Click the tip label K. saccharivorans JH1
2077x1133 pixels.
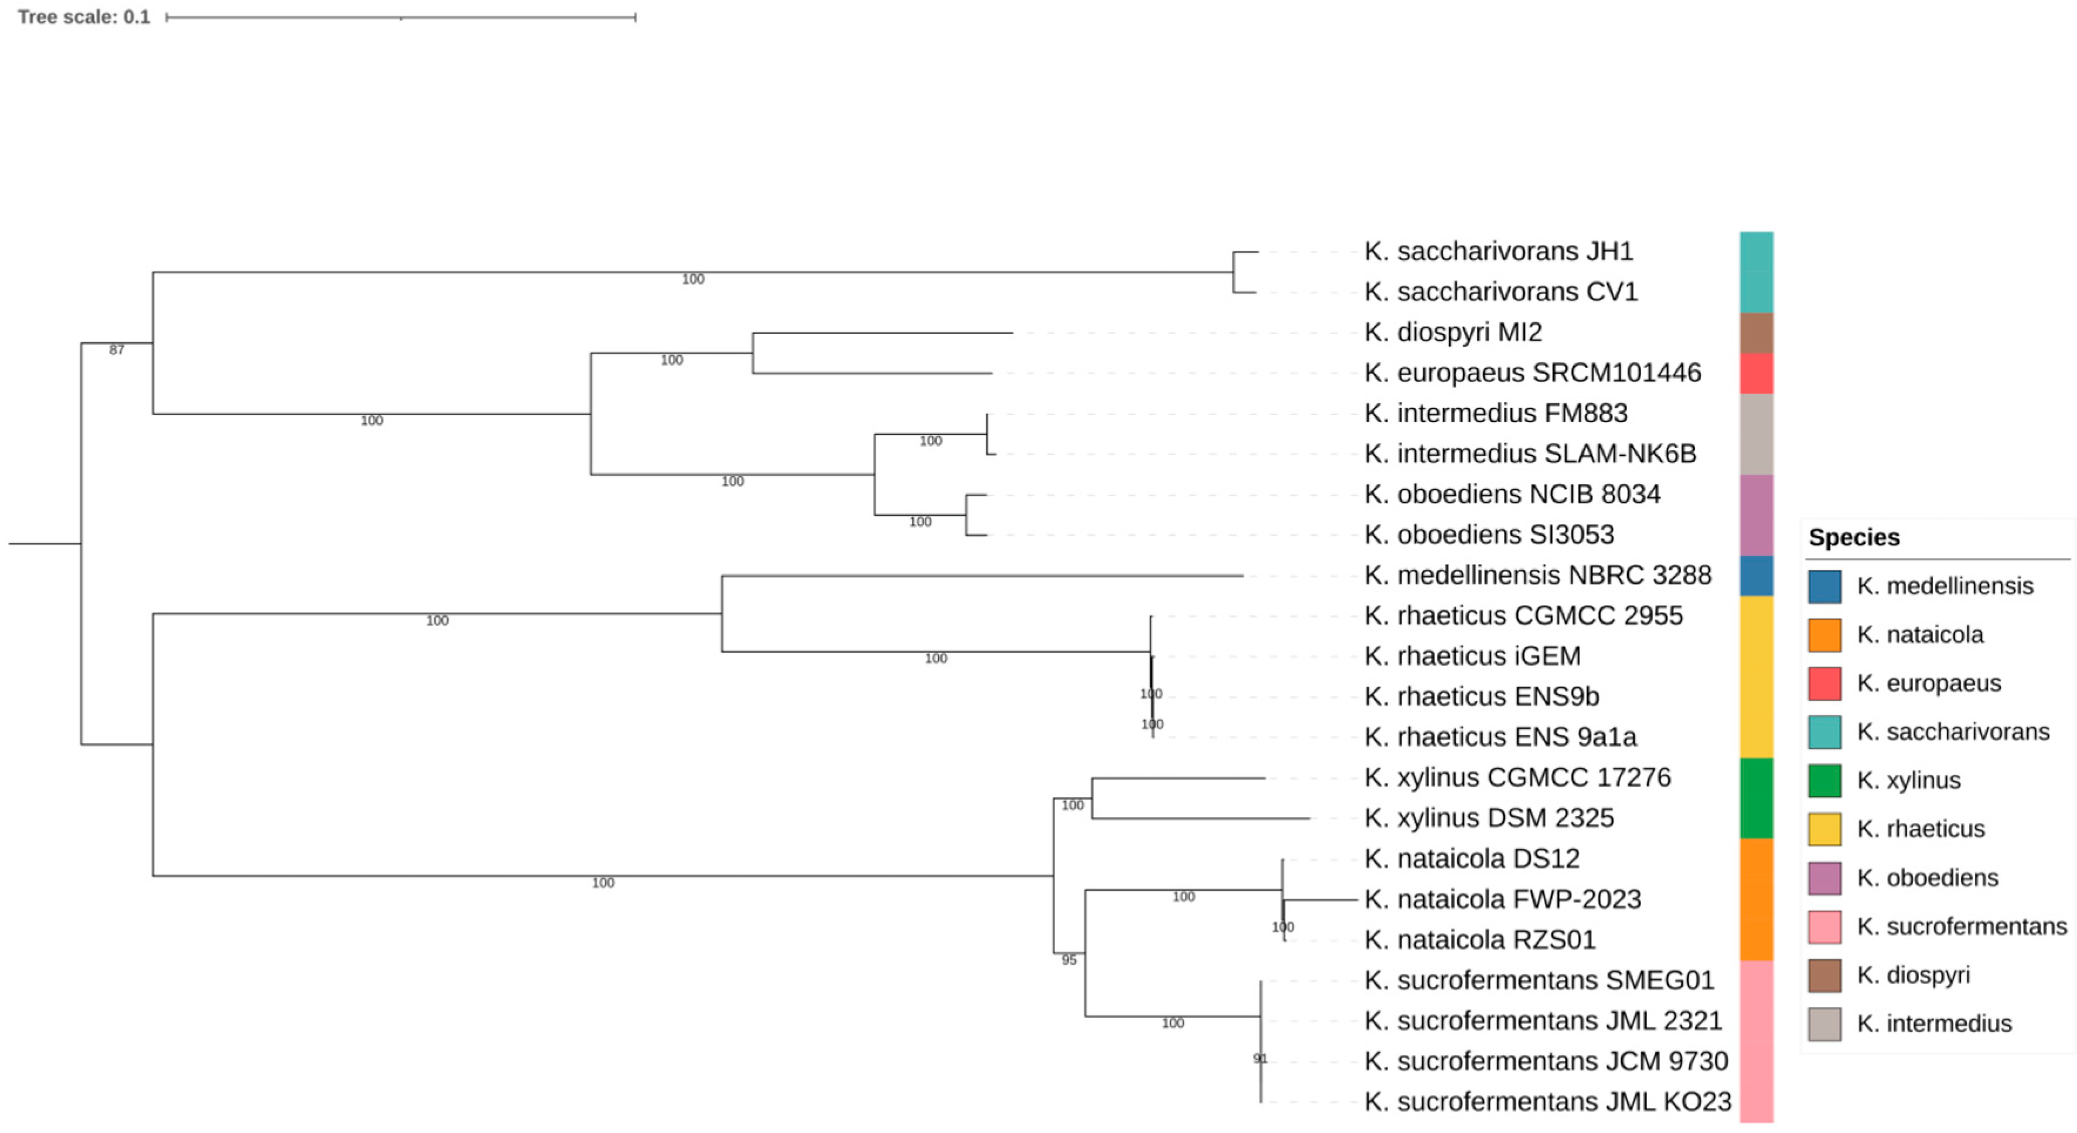tap(1498, 251)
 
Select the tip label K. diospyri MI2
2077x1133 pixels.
tap(1453, 332)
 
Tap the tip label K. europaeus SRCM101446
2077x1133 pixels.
tap(1532, 373)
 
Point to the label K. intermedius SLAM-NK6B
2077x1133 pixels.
tap(1530, 454)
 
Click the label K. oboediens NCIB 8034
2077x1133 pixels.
tap(1512, 494)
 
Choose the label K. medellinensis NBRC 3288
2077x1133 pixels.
tap(1537, 575)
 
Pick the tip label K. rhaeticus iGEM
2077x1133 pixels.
tap(1472, 656)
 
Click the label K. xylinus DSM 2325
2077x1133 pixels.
tap(1488, 818)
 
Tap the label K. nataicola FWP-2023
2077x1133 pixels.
tap(1502, 899)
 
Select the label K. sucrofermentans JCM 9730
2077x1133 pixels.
tap(1546, 1061)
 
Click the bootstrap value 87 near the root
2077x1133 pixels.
tap(117, 350)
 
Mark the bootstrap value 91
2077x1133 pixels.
tap(1260, 1059)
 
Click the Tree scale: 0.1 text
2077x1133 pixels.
tap(84, 17)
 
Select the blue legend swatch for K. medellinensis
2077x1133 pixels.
tap(1824, 586)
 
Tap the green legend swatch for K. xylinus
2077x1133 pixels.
tap(1824, 781)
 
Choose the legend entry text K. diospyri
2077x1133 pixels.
tap(1912, 975)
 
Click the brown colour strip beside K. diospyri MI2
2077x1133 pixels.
tap(1756, 333)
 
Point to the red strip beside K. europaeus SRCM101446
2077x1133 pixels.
tap(1756, 373)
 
